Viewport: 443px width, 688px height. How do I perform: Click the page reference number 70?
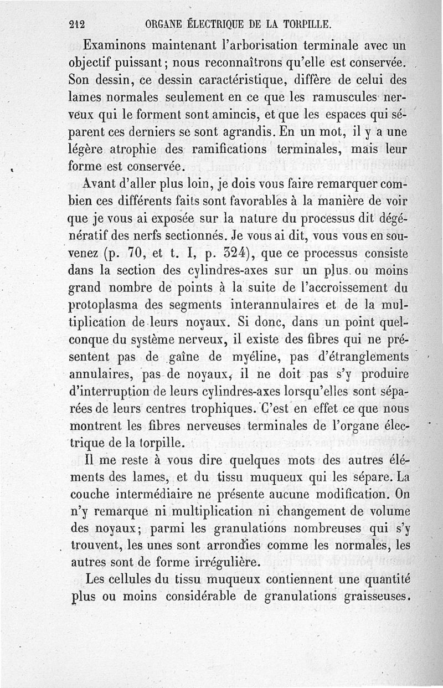(x=137, y=255)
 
